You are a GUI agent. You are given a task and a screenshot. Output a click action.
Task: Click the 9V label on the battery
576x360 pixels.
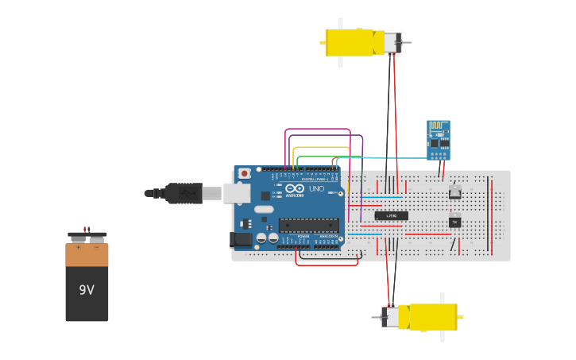point(87,290)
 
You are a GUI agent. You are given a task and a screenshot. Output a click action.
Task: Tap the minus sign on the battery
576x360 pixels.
point(96,247)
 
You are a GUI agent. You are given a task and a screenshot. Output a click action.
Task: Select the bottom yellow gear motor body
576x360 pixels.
point(428,317)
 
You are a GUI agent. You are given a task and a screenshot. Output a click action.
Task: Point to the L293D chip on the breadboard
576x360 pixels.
point(392,215)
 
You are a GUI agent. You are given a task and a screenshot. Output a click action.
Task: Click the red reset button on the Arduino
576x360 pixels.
point(245,173)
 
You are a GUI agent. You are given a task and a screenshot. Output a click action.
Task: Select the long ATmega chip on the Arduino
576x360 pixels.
point(308,225)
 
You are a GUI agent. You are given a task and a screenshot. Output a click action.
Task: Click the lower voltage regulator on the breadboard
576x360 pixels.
point(455,221)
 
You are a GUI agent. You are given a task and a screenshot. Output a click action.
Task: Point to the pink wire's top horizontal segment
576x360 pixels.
point(318,129)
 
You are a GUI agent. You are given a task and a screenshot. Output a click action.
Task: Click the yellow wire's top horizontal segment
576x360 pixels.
point(321,147)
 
